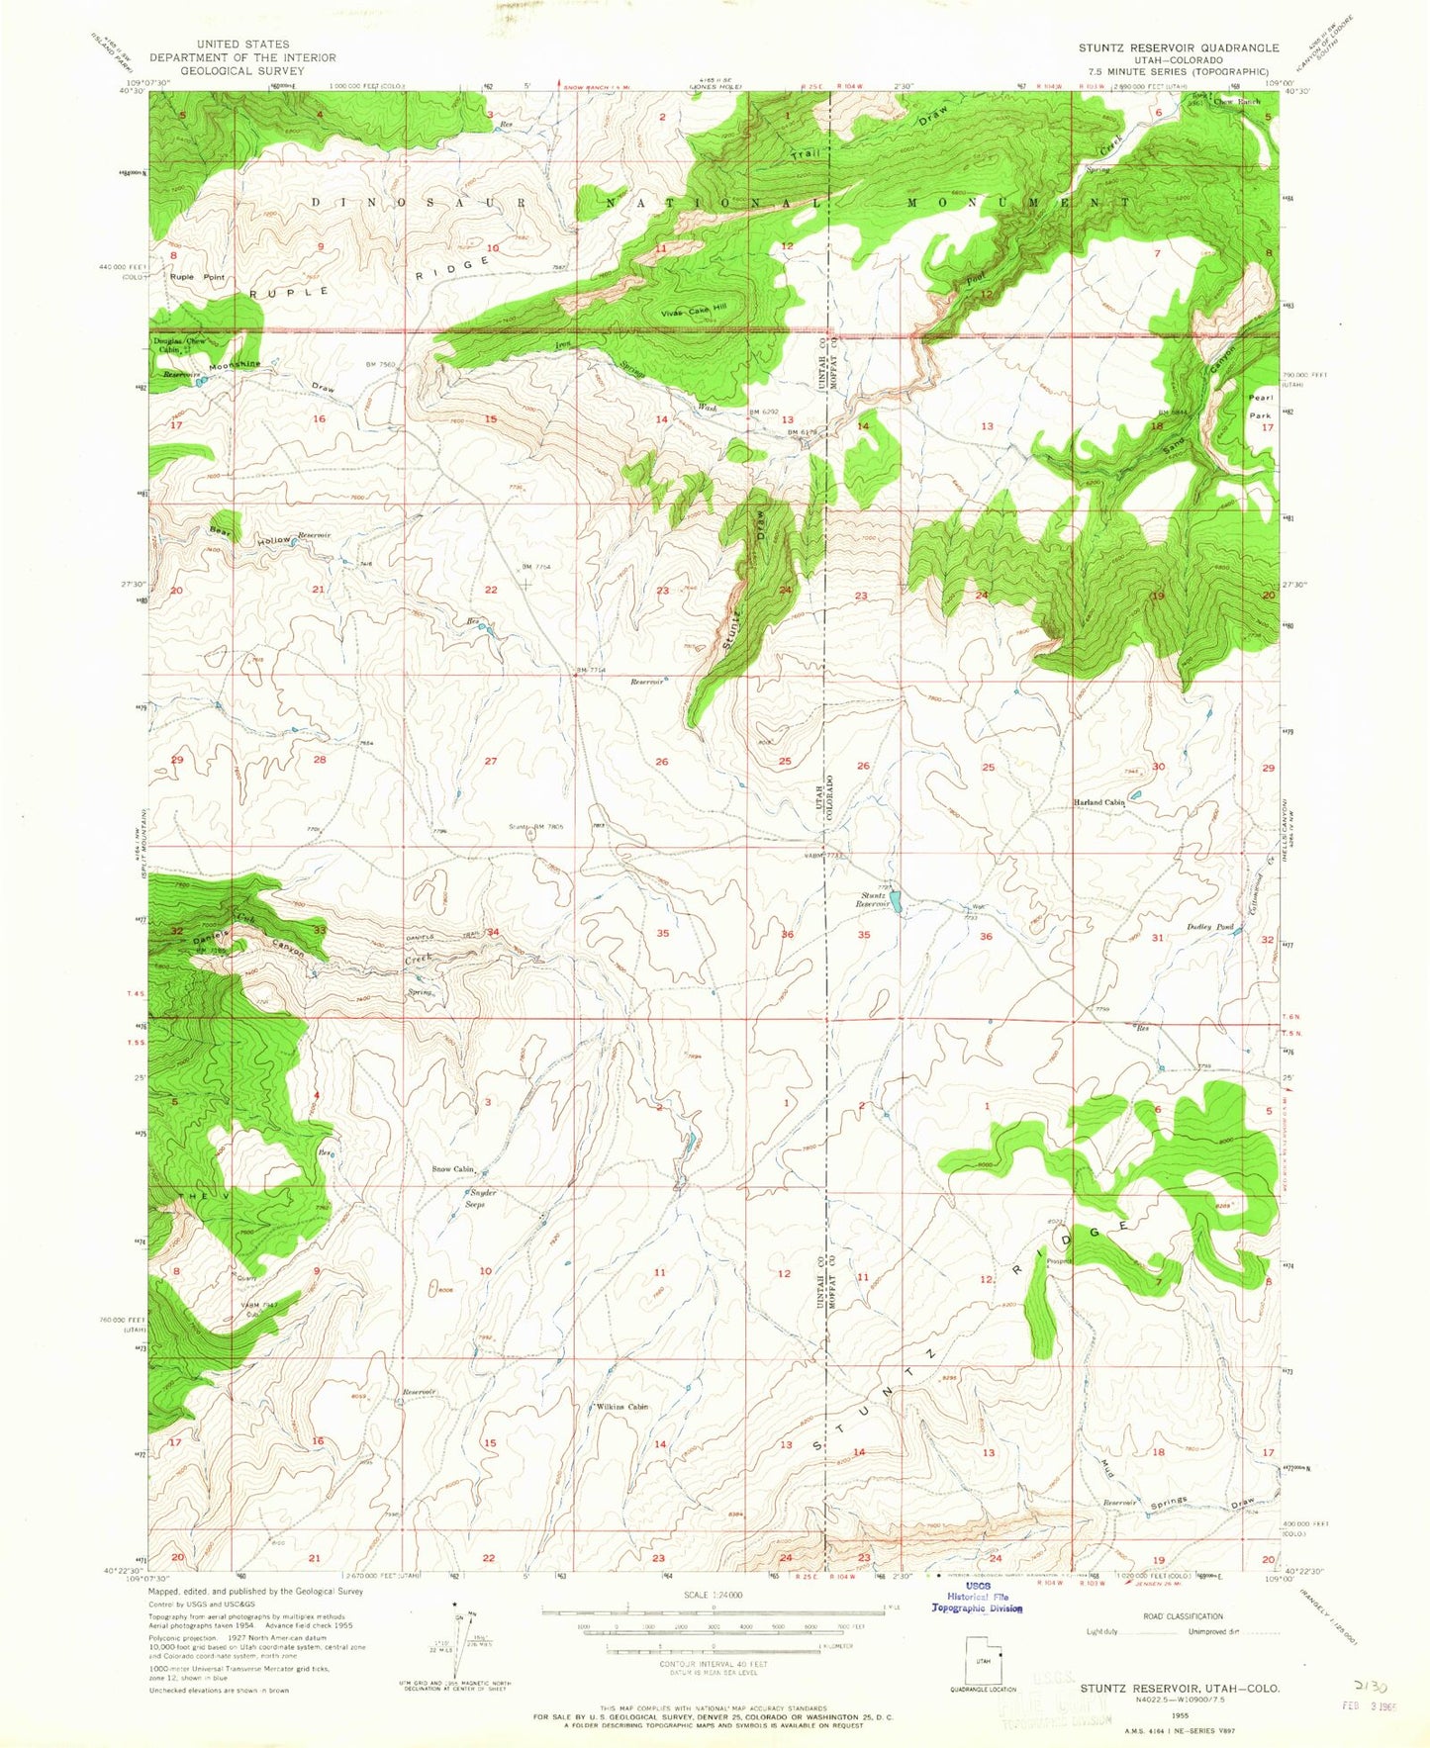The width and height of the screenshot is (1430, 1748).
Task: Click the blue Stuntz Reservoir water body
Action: pos(895,900)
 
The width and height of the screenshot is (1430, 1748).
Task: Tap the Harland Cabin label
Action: pos(1099,802)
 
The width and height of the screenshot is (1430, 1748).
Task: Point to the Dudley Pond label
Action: pos(1208,928)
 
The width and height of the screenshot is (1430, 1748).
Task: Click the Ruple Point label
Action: pos(197,277)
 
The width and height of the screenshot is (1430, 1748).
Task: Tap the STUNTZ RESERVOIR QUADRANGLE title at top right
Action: pos(1180,47)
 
